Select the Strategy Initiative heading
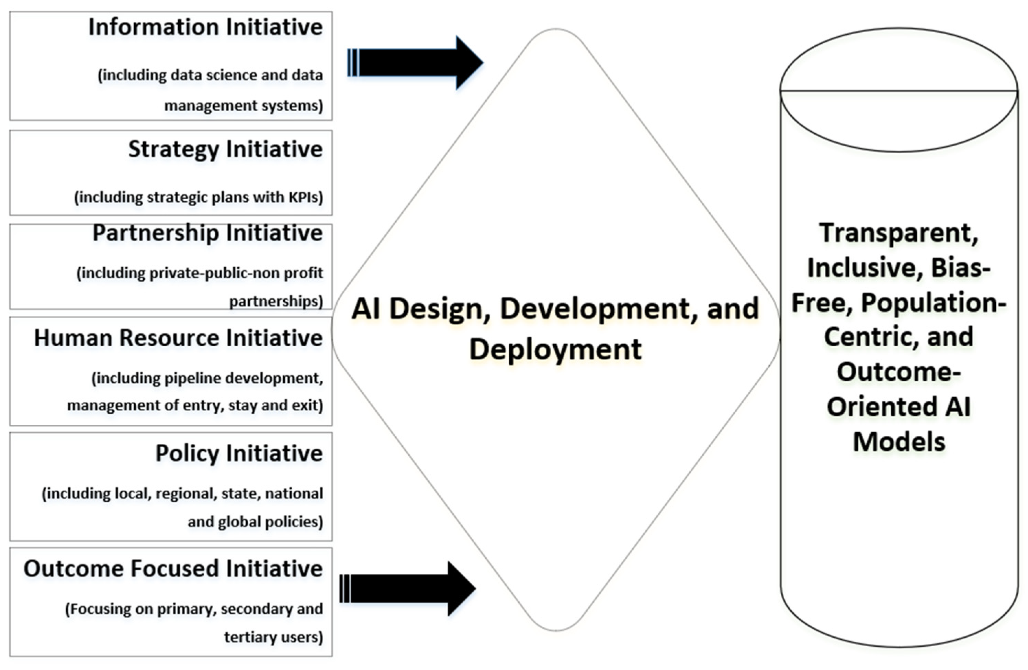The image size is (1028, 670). [225, 149]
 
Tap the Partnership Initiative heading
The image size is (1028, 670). [207, 233]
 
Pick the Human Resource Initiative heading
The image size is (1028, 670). [178, 338]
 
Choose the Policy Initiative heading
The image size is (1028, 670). [239, 454]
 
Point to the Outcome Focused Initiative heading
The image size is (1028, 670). [173, 569]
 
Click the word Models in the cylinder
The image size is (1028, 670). [899, 442]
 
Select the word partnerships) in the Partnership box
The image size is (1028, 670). [275, 301]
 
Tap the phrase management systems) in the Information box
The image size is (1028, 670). [244, 105]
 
